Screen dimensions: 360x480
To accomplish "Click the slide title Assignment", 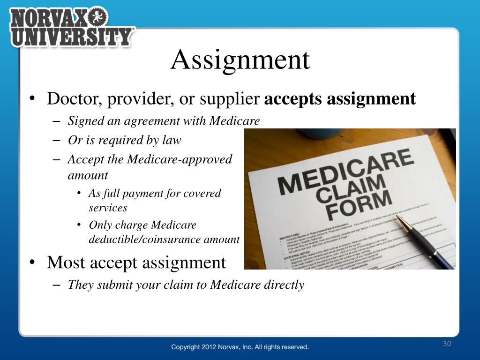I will click(x=240, y=60).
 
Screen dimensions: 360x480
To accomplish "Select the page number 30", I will click(x=447, y=344).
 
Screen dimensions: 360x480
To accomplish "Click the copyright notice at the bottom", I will click(x=240, y=347).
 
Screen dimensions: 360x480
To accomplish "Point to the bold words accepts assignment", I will click(x=340, y=99).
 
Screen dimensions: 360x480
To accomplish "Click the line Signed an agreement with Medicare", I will click(x=164, y=121).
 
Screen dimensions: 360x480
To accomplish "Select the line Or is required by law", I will click(x=124, y=140).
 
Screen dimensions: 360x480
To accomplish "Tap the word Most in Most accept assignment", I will click(x=65, y=262).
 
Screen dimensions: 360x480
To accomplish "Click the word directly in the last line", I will click(x=283, y=285).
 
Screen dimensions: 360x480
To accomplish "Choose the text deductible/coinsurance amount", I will click(x=164, y=240).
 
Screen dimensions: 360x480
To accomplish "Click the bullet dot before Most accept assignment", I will click(x=31, y=262).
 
